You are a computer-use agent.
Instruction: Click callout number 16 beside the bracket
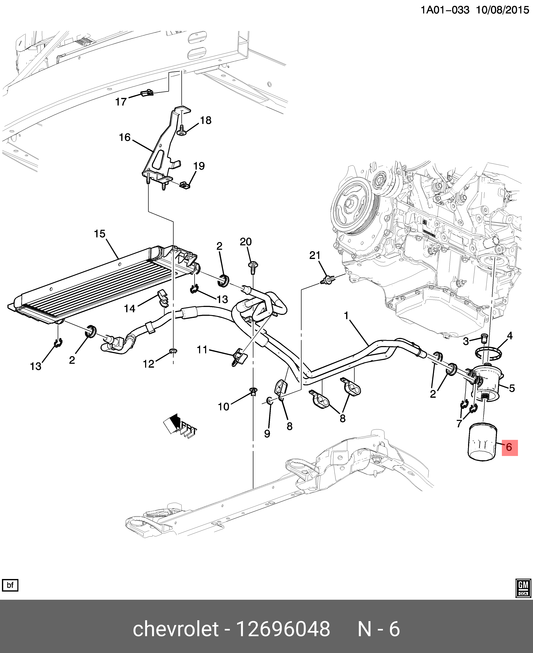click(125, 137)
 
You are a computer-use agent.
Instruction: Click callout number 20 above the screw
click(246, 242)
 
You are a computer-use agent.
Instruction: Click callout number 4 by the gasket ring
click(510, 336)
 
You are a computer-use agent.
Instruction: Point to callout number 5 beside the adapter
click(512, 388)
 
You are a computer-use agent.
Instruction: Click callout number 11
click(202, 350)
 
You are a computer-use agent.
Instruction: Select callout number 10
click(223, 407)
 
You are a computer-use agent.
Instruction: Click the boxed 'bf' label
click(10, 585)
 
